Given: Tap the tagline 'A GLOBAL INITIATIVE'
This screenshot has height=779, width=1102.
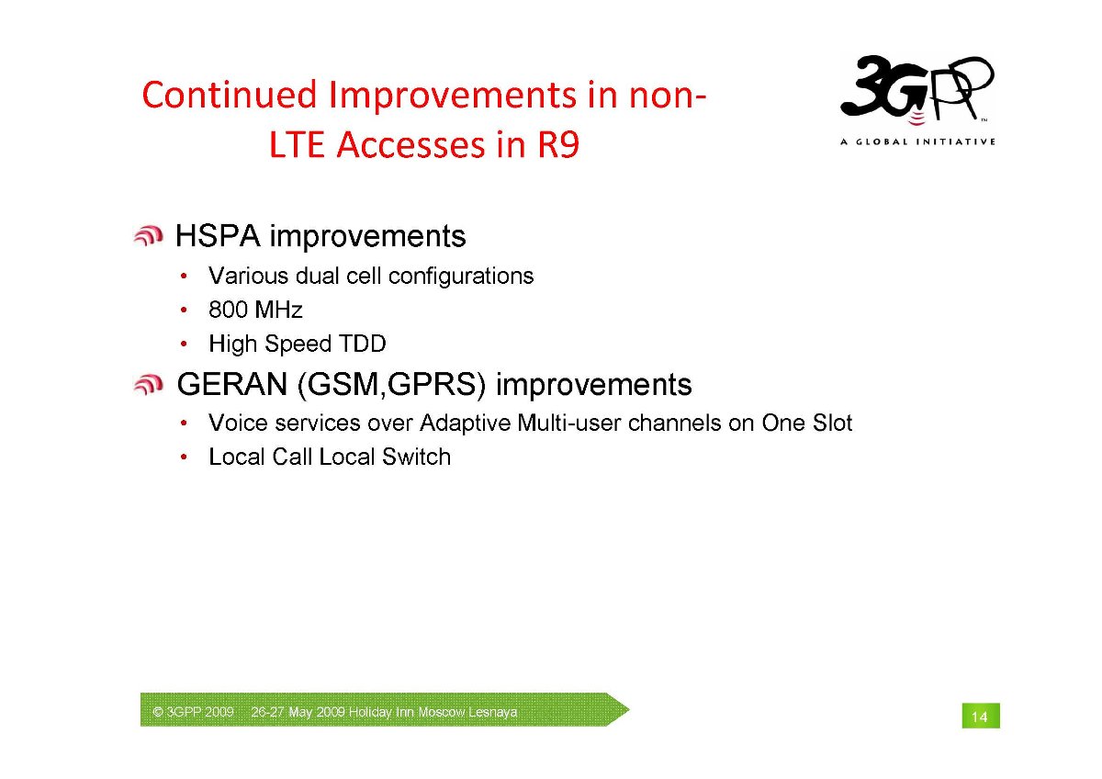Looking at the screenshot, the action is click(x=917, y=141).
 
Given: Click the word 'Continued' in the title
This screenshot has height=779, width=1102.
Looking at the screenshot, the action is click(x=230, y=95).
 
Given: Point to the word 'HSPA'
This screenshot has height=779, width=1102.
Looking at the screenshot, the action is click(x=218, y=236).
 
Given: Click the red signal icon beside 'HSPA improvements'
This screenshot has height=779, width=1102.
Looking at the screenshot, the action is click(x=148, y=236).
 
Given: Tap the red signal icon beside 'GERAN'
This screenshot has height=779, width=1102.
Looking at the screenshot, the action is click(x=148, y=384).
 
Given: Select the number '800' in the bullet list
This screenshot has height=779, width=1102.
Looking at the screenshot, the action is click(x=228, y=310).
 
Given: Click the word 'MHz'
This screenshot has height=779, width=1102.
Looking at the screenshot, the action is click(x=279, y=310).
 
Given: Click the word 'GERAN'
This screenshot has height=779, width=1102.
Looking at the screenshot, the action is click(x=232, y=384).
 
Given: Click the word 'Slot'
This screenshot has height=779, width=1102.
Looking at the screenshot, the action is click(x=832, y=423).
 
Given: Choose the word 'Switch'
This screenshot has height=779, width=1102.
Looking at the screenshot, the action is click(x=416, y=457).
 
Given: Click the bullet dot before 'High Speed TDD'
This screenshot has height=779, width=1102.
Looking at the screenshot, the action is click(x=184, y=344).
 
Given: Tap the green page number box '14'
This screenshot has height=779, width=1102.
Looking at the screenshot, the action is click(x=981, y=716).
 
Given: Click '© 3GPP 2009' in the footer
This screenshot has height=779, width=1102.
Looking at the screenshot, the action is click(x=194, y=712).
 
